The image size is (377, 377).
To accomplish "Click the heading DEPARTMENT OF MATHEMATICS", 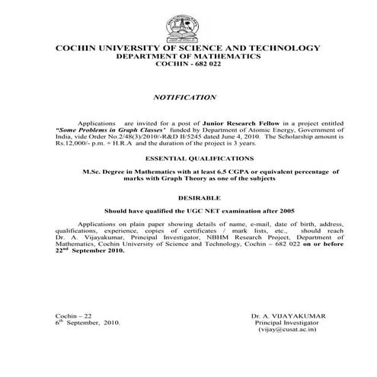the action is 187,56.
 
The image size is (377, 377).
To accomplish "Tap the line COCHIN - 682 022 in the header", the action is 187,65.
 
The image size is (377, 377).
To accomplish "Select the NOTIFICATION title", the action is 185,97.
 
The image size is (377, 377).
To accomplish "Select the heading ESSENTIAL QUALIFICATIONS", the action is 188,159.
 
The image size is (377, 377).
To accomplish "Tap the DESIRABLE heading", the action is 188,196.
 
